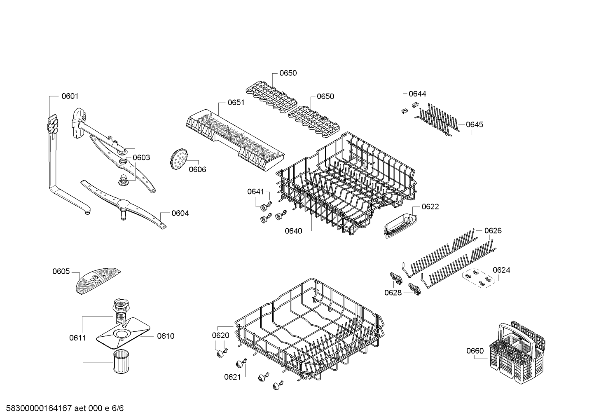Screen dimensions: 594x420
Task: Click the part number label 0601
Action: point(70,96)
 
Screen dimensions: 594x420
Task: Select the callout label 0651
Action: point(236,102)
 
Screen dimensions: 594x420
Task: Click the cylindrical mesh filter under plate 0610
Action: point(121,361)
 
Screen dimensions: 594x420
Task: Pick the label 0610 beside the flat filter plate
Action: point(166,336)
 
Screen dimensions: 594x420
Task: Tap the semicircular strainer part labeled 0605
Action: point(98,282)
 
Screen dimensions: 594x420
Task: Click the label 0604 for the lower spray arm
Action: point(180,213)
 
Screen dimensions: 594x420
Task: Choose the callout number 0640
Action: point(294,231)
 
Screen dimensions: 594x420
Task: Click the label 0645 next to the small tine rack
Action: point(475,124)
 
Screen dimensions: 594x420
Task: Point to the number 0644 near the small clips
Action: point(417,94)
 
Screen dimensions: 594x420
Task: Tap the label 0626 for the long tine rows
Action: point(493,231)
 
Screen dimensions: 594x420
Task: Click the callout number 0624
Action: point(501,270)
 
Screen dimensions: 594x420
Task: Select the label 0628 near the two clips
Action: point(393,293)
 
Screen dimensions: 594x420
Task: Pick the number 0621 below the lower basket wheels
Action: point(233,377)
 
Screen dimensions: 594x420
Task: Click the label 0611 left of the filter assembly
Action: point(78,338)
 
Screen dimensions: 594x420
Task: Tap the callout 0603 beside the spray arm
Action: point(141,157)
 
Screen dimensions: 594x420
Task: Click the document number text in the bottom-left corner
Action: point(65,408)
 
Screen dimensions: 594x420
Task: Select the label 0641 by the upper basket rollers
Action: point(256,192)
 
